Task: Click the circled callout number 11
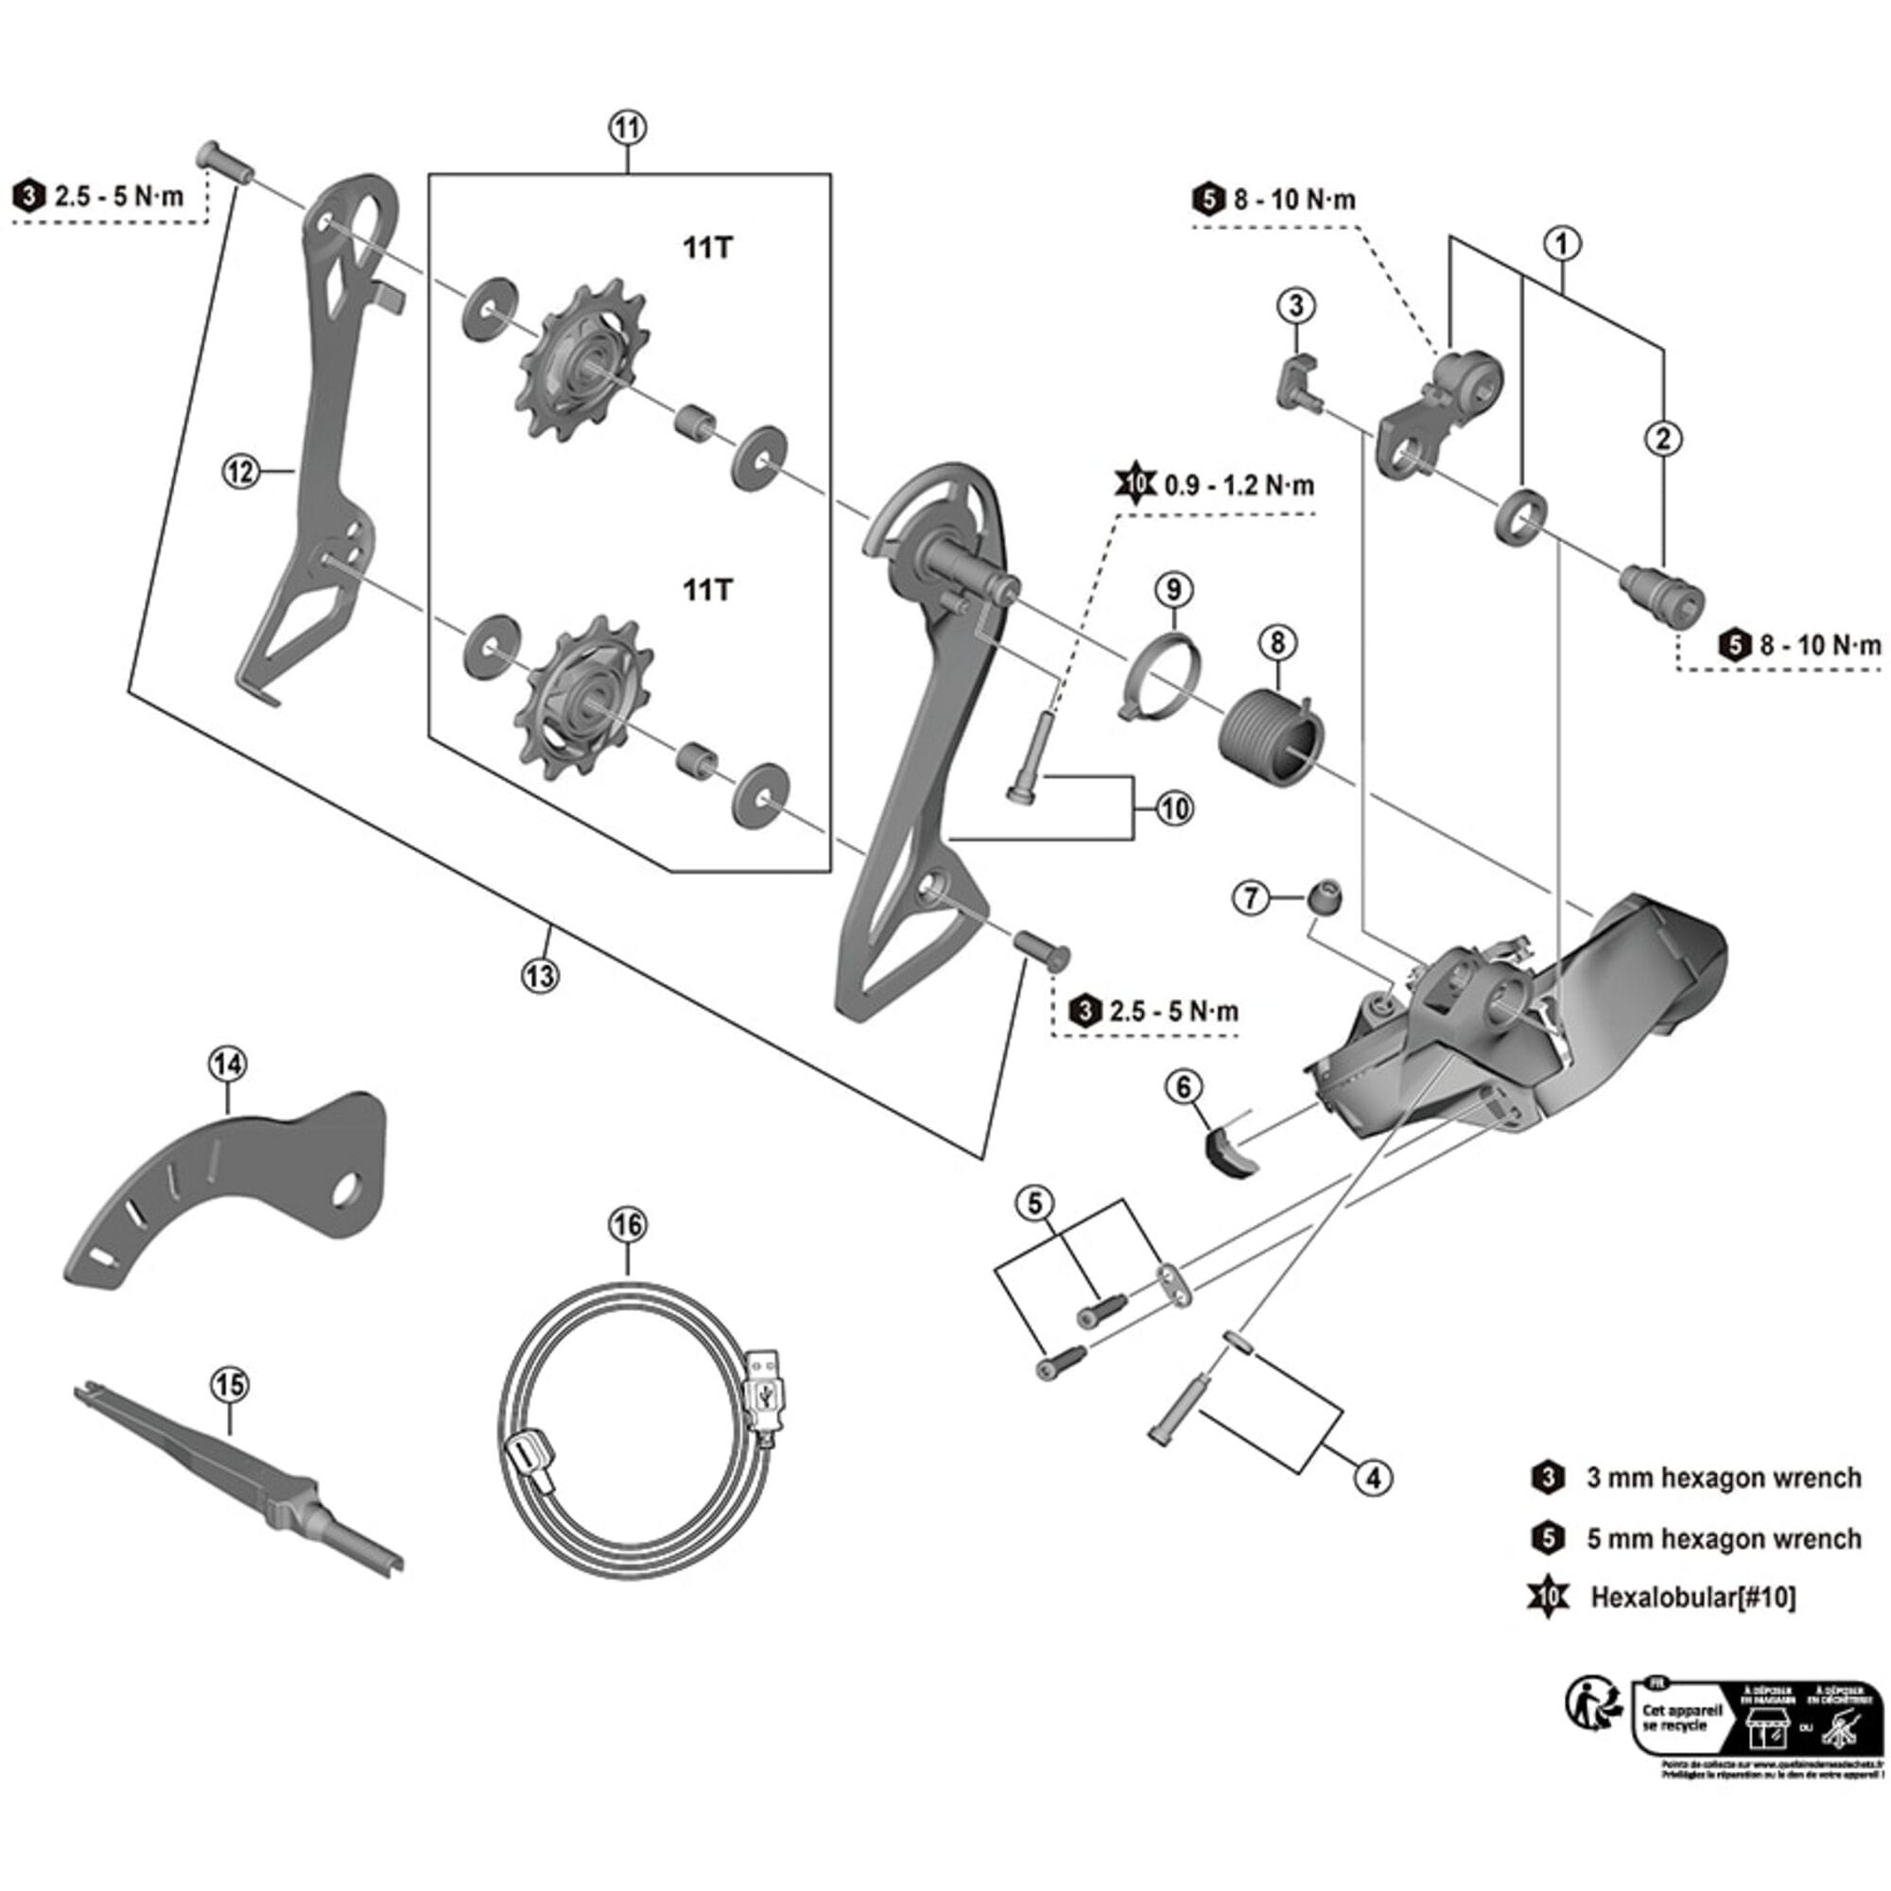tap(628, 128)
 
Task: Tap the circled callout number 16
tap(628, 1225)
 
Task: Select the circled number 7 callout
tap(1251, 896)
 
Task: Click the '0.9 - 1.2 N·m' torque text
tap(1240, 485)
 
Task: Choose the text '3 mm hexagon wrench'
tap(1723, 1478)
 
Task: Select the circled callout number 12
tap(240, 472)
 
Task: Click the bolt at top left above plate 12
tap(224, 161)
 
